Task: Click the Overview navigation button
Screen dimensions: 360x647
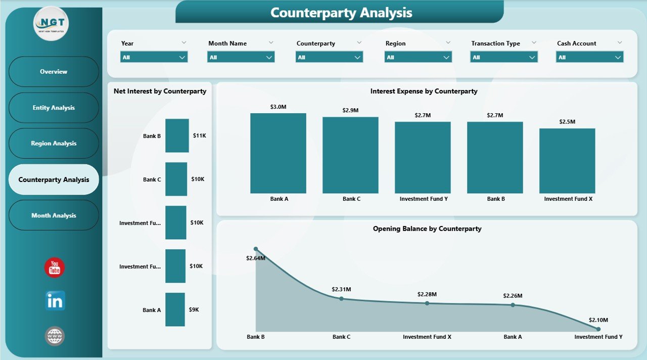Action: coord(54,72)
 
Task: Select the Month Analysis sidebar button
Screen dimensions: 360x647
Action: coord(54,215)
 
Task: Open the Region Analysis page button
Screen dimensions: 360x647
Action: coord(54,144)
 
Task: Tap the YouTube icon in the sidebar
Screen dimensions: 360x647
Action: coord(55,267)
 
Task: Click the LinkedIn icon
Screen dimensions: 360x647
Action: coord(55,301)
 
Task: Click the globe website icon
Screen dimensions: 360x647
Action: coord(55,336)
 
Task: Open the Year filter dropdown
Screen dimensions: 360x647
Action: coord(154,57)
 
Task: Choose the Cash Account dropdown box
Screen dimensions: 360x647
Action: coord(589,57)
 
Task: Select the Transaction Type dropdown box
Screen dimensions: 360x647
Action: coord(503,57)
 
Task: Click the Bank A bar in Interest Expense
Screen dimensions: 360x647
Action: coord(278,153)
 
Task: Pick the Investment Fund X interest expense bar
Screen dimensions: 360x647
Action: coord(567,161)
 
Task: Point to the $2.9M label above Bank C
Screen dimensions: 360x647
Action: coord(350,110)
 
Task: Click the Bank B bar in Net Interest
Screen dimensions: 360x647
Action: coord(177,136)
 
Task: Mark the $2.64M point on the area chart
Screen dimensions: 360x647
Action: coord(256,249)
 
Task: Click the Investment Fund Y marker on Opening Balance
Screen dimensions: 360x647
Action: coord(598,329)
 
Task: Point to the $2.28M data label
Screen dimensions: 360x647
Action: coord(427,294)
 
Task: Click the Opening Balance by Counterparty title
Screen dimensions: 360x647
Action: coord(427,229)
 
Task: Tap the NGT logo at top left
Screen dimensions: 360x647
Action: coord(51,24)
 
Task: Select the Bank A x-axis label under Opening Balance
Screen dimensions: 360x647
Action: coord(513,337)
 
